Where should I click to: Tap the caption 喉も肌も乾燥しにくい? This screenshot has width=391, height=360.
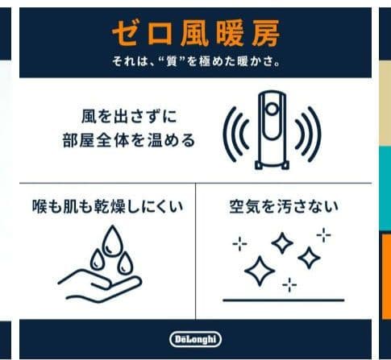pyautogui.click(x=102, y=206)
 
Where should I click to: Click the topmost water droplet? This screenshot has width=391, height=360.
pyautogui.click(x=106, y=236)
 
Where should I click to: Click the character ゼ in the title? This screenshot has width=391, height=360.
pyautogui.click(x=124, y=34)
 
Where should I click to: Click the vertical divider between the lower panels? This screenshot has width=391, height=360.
pyautogui.click(x=195, y=250)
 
